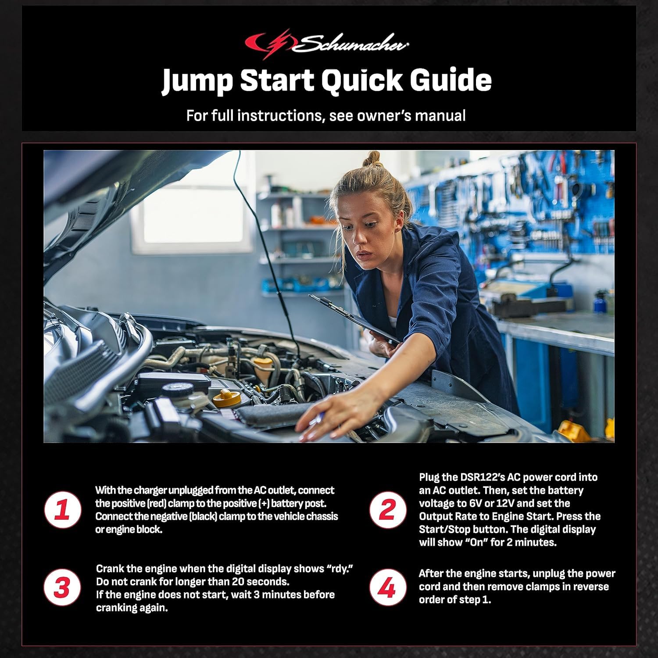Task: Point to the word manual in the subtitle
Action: tap(440, 116)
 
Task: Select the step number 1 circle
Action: tap(62, 510)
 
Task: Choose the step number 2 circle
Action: tap(388, 510)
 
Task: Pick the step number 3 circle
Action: tap(62, 588)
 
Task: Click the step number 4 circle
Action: tap(388, 588)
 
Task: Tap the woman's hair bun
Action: tap(372, 160)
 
